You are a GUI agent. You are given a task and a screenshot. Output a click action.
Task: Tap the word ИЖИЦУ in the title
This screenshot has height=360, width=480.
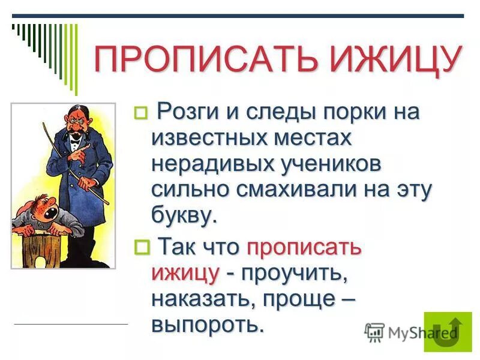pyautogui.click(x=391, y=59)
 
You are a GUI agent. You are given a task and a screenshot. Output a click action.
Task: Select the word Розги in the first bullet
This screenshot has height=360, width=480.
pyautogui.click(x=185, y=112)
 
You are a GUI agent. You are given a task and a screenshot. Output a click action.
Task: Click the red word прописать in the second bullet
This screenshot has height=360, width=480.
pyautogui.click(x=304, y=247)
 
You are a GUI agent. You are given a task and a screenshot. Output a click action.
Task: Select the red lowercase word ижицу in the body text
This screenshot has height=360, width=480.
pyautogui.click(x=185, y=272)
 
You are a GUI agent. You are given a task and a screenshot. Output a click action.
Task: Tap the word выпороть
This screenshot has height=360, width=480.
pyautogui.click(x=208, y=324)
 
